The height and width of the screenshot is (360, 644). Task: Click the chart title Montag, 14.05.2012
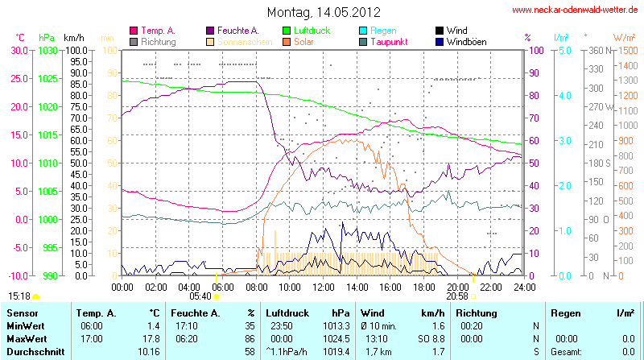[x=324, y=12]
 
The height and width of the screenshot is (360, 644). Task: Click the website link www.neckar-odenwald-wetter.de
[x=576, y=10]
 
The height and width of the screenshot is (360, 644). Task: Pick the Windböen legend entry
[x=466, y=41]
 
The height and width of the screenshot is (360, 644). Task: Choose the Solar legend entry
[x=304, y=41]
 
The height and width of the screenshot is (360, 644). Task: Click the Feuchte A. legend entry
[x=237, y=31]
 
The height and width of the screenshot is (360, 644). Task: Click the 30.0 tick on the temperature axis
[x=18, y=50]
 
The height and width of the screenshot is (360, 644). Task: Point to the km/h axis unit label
[x=73, y=37]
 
